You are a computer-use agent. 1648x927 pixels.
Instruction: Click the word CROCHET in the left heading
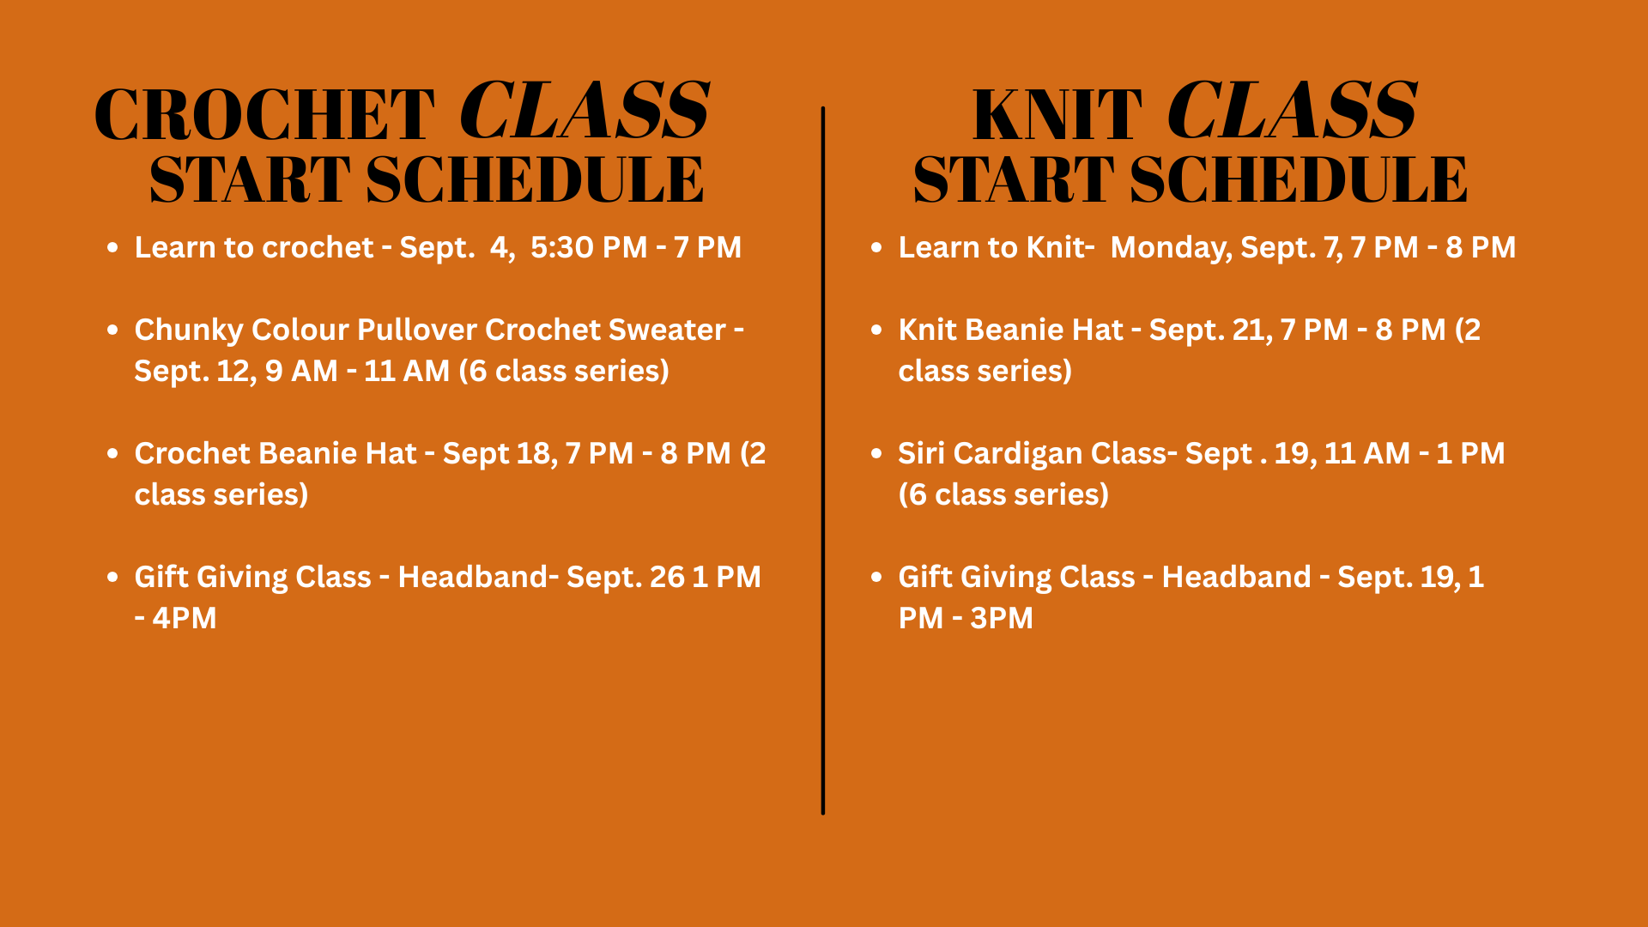tap(264, 114)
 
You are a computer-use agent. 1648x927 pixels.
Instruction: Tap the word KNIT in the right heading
tap(1057, 114)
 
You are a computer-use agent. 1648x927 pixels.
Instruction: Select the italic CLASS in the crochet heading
tap(585, 110)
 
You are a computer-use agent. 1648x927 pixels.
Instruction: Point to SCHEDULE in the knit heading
tap(1299, 179)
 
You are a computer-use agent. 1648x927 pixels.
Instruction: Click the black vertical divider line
tap(822, 460)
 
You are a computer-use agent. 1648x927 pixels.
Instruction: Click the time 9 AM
tap(301, 371)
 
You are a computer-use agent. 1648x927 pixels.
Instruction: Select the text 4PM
tap(185, 618)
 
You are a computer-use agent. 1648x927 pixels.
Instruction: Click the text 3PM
tap(1002, 618)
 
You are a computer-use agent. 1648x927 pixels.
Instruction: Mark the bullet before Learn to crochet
tap(112, 248)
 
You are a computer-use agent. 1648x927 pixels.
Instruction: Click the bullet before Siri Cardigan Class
tap(876, 453)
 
